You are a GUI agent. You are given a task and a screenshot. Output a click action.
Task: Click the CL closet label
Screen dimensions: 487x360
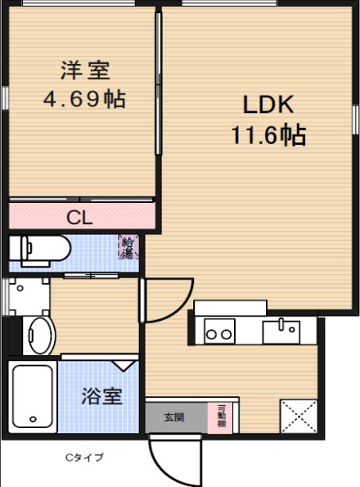(79, 217)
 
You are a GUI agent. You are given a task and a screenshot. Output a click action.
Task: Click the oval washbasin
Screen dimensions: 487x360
(38, 335)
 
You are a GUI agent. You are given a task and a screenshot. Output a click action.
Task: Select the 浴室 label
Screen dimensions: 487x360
(102, 397)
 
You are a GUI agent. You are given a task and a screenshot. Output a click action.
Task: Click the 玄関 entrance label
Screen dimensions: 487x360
(174, 417)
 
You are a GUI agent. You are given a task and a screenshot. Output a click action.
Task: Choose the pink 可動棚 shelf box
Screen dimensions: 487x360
(223, 416)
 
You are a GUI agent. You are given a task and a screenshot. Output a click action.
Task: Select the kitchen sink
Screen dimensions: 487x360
(282, 331)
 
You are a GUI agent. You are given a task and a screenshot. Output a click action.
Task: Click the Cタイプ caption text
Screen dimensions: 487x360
(85, 458)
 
